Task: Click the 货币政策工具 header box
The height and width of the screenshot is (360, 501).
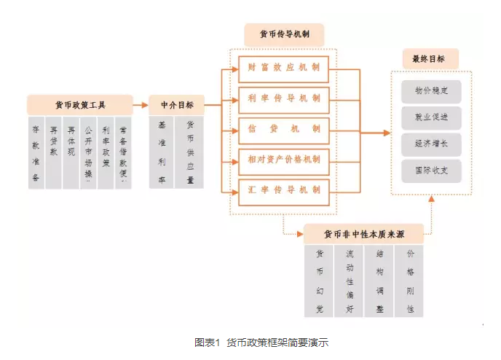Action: point(80,104)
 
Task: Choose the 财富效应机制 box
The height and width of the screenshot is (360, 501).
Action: point(283,68)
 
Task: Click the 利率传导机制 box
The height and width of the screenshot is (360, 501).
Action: point(283,98)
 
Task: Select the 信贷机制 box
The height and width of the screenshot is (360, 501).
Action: point(283,129)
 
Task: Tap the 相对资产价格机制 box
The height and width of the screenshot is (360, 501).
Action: point(283,160)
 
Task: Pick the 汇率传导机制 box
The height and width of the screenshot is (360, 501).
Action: point(283,190)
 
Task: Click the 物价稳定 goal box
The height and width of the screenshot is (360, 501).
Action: point(430,91)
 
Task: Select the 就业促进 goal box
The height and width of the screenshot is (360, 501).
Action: point(430,117)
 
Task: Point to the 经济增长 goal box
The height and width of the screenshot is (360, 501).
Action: point(430,144)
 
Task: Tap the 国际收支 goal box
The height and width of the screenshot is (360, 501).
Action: point(430,171)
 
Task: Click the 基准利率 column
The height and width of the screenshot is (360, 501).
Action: point(161,152)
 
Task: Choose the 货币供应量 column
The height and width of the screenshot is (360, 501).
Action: point(190,152)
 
